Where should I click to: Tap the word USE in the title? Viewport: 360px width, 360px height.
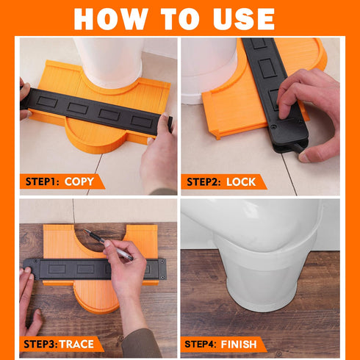[x=243, y=19]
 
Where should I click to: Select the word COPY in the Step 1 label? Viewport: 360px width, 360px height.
[x=79, y=181]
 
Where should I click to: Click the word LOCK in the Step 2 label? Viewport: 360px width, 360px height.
[x=241, y=182]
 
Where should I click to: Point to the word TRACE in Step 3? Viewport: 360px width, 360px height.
[x=76, y=344]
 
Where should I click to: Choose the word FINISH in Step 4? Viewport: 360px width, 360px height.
[x=239, y=345]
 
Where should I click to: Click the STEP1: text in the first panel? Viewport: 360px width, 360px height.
[x=43, y=181]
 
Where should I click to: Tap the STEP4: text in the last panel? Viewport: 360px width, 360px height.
[x=201, y=344]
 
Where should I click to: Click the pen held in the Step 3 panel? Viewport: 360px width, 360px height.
[x=108, y=244]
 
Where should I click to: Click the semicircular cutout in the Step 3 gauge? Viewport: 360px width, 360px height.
[x=101, y=240]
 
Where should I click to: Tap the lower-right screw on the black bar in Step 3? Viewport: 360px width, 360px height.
[x=162, y=278]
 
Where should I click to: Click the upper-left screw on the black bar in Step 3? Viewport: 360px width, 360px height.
[x=36, y=262]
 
